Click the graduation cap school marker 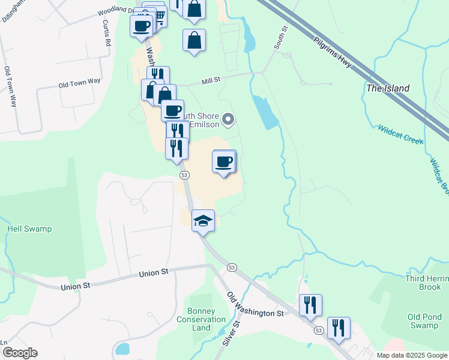[203, 221]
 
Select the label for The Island [388, 88]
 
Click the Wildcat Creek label [400, 134]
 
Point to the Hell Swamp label [29, 229]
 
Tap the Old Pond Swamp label [423, 321]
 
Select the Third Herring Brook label [423, 282]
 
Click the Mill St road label [212, 79]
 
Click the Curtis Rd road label [107, 32]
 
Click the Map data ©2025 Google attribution [412, 355]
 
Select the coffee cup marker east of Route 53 [224, 161]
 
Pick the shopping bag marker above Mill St [194, 41]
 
